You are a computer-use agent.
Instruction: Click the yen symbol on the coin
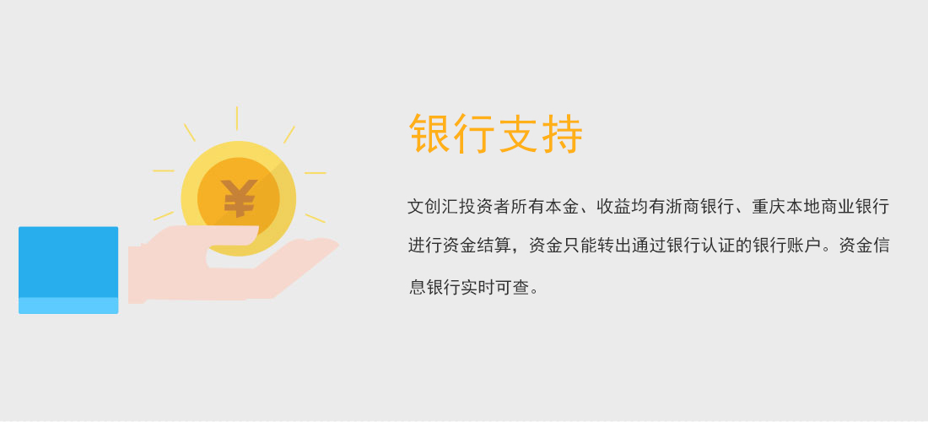click(x=240, y=197)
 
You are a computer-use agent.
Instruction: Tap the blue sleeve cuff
click(x=68, y=270)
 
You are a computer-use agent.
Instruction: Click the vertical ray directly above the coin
click(x=237, y=118)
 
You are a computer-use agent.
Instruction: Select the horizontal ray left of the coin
click(x=164, y=171)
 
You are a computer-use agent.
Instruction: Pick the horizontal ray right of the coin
click(x=316, y=173)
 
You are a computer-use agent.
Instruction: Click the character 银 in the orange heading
click(x=430, y=133)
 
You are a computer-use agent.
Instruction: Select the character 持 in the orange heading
click(x=563, y=133)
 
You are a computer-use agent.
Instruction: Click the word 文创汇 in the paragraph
click(x=434, y=207)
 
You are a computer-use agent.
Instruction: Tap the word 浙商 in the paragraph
click(x=683, y=207)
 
